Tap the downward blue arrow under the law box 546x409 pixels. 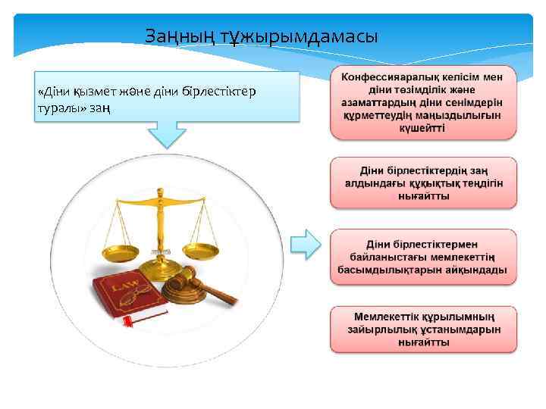167,133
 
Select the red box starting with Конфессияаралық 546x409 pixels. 423,103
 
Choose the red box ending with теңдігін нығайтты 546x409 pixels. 423,183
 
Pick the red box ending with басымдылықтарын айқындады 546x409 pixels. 423,258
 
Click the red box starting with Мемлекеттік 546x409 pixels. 423,329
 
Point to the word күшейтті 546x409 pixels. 423,127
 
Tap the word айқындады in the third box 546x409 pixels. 476,270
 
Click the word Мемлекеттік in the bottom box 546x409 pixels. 390,316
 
